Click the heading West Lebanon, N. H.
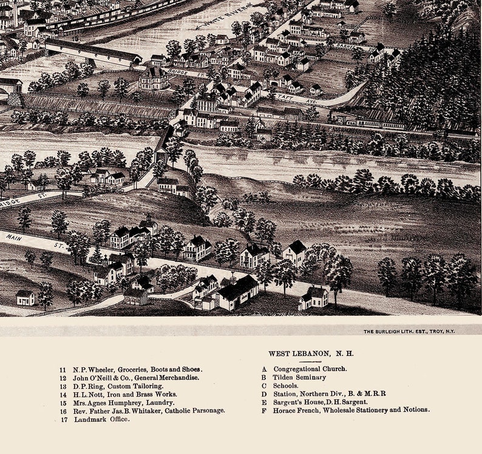click(x=311, y=353)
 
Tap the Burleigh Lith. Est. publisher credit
click(x=409, y=331)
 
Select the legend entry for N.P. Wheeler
click(x=137, y=369)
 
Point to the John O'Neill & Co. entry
click(x=136, y=378)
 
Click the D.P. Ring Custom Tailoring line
click(x=118, y=386)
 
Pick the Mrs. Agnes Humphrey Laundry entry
click(x=123, y=402)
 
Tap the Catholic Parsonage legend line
click(x=149, y=411)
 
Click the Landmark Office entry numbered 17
click(x=101, y=419)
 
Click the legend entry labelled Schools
click(x=285, y=386)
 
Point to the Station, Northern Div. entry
click(x=329, y=393)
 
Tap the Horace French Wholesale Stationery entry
click(x=351, y=410)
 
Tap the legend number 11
click(x=63, y=369)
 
